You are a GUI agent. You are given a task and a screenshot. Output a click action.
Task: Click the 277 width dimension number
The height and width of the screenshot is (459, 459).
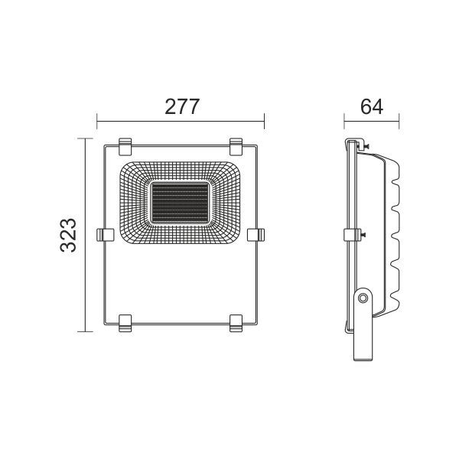[182, 107]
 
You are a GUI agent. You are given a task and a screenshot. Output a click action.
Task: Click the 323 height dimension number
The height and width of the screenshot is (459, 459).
[68, 235]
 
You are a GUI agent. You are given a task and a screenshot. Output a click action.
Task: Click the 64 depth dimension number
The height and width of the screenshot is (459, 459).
[372, 107]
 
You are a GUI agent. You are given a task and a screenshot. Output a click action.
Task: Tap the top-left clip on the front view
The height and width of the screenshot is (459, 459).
[125, 146]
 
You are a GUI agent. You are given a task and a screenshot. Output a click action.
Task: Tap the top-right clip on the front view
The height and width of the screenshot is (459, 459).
[236, 146]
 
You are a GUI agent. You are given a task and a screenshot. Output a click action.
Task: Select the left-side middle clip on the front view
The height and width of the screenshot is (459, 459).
[105, 235]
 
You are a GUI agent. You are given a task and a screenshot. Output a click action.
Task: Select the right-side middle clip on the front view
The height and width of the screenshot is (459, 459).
[256, 235]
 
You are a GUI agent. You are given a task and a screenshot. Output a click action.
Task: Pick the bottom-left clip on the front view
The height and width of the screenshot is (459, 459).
[125, 324]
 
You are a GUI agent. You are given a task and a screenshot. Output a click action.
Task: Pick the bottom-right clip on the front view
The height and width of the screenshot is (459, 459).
[236, 324]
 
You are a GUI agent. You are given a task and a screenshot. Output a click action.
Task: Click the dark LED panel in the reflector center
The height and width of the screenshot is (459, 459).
[180, 203]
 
